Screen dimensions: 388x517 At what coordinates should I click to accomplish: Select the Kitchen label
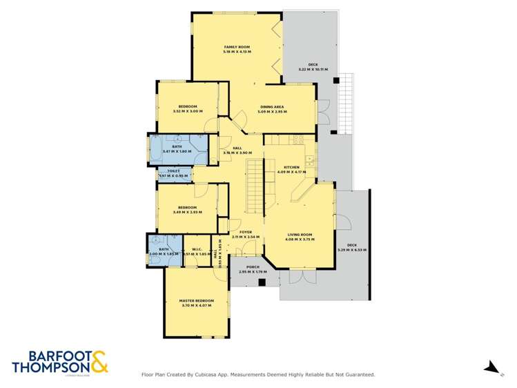coord(291,167)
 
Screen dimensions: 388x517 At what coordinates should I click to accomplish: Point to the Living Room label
coord(300,235)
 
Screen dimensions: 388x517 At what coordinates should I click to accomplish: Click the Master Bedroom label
coord(196,301)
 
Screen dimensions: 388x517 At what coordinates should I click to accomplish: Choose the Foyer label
coord(245,232)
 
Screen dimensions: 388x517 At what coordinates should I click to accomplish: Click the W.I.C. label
coord(196,250)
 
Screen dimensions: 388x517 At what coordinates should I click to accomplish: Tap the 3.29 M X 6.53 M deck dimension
coord(352,249)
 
